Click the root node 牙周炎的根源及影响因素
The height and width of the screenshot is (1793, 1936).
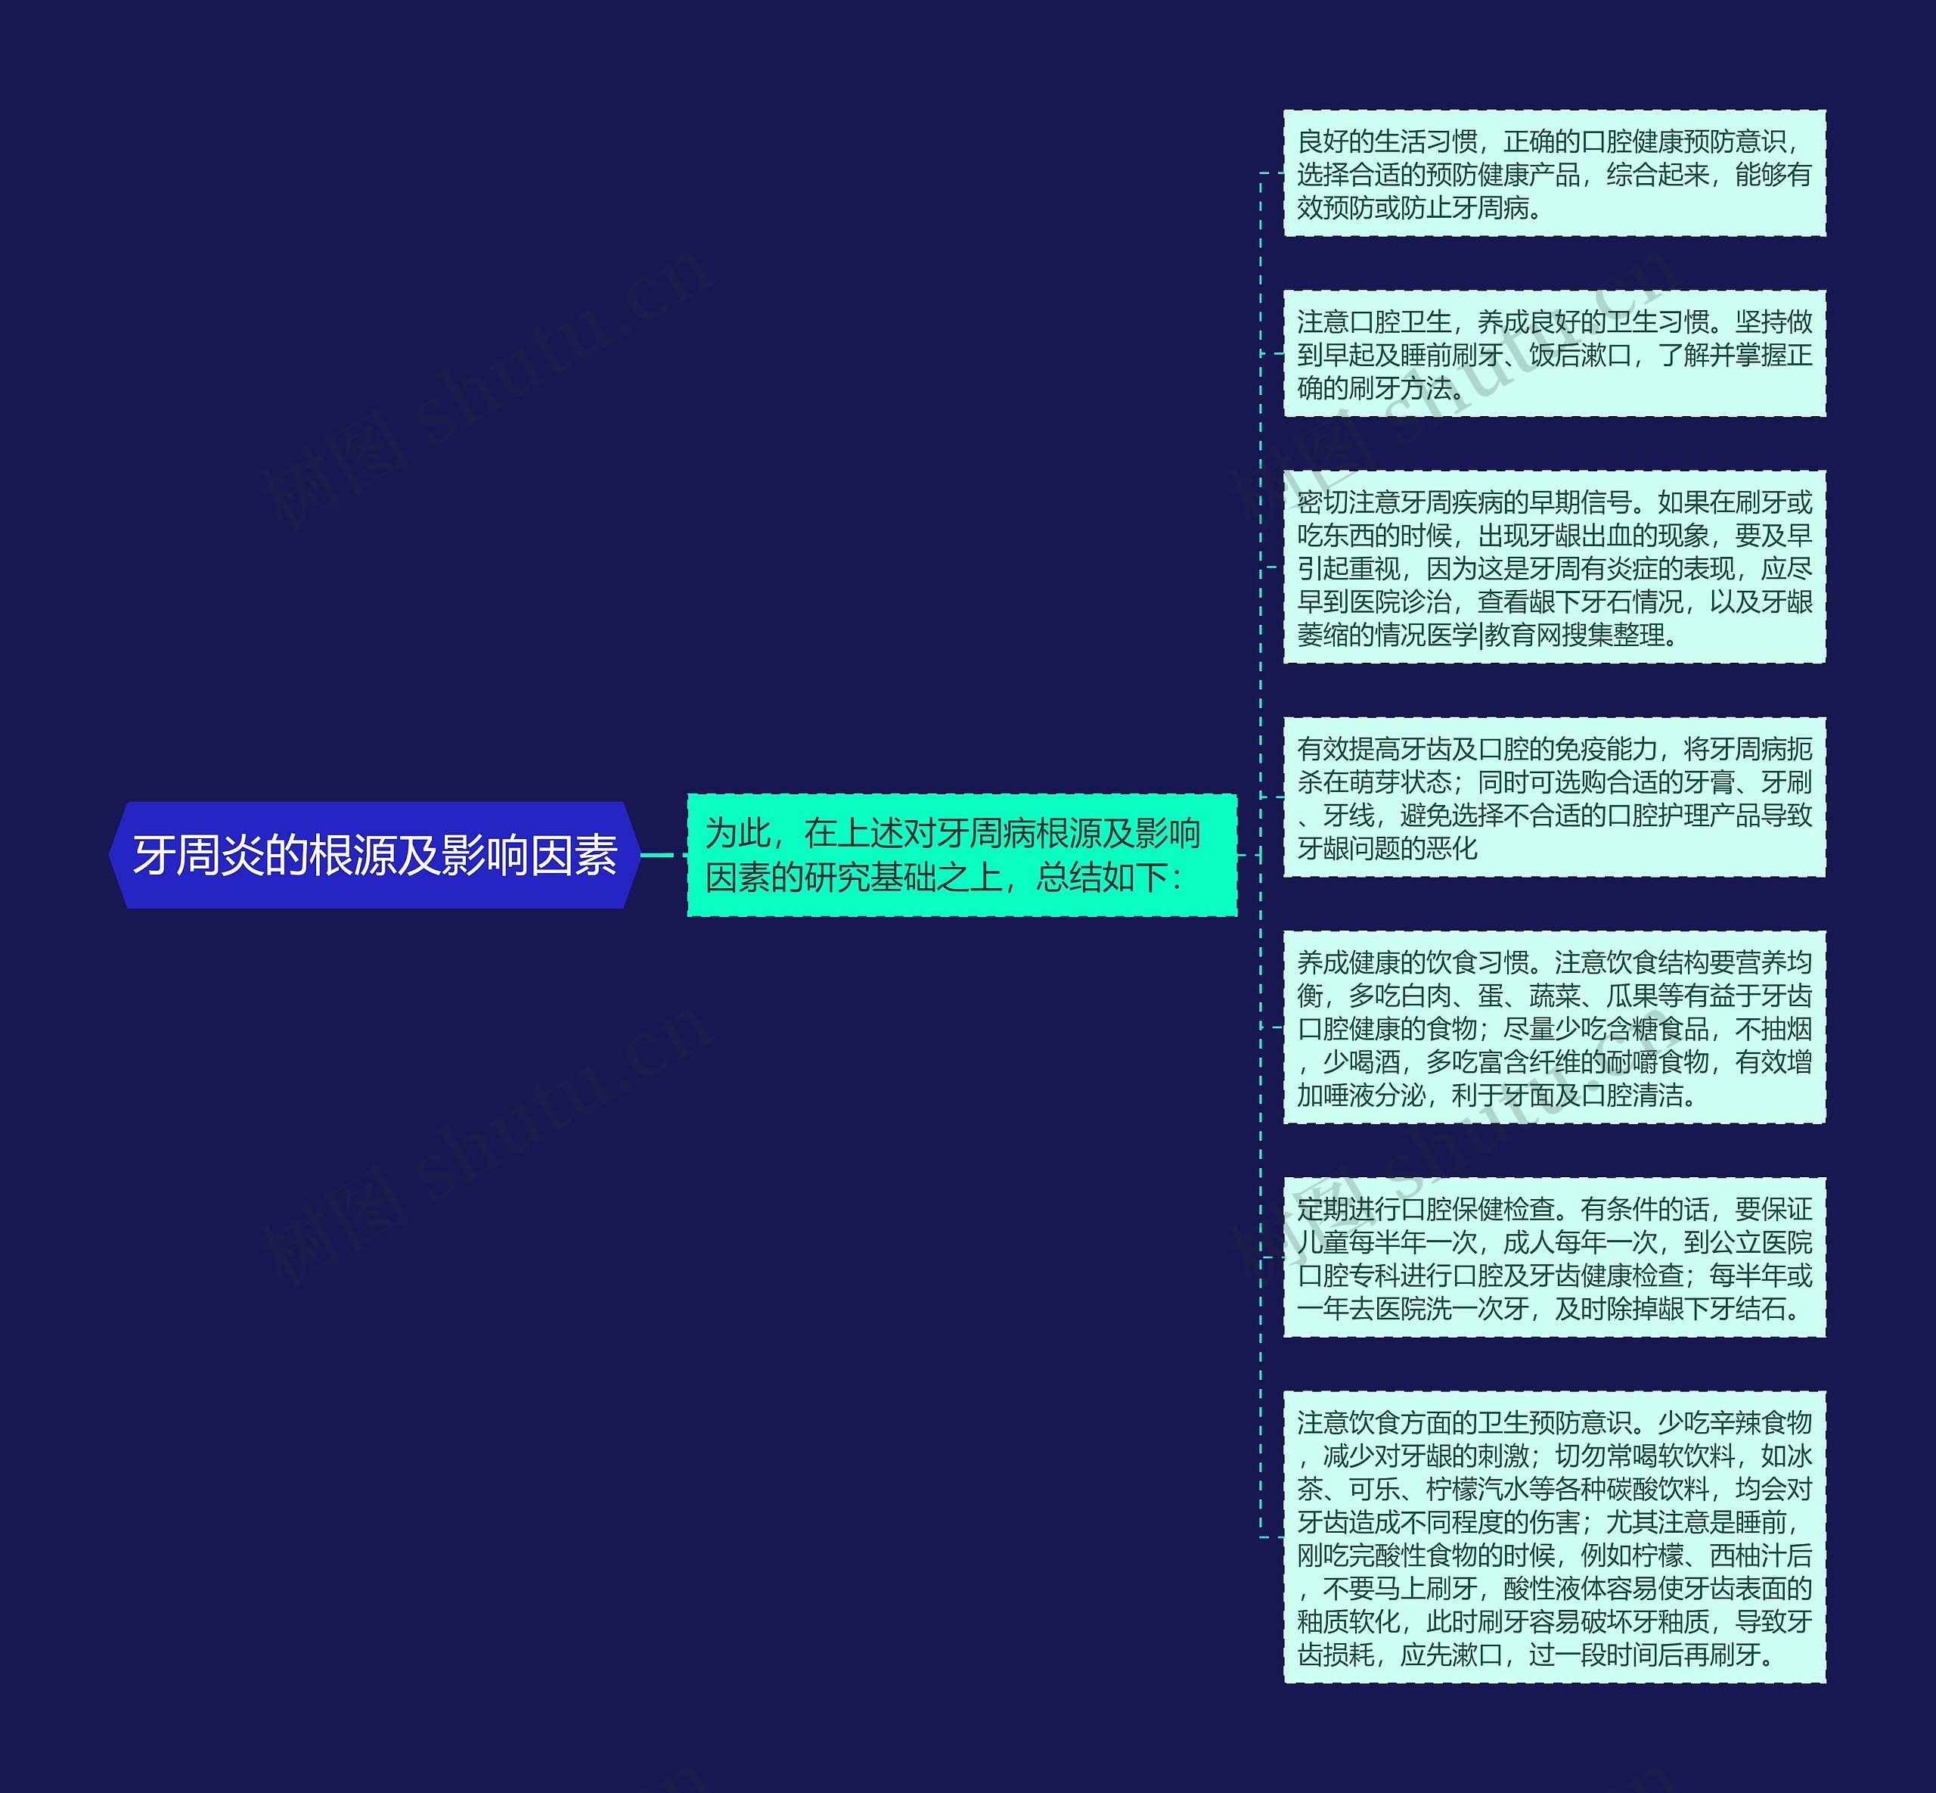[374, 855]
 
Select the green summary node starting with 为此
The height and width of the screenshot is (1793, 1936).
[961, 855]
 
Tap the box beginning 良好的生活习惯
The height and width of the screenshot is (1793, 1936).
[1554, 174]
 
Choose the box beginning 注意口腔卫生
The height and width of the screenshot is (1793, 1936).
[1554, 354]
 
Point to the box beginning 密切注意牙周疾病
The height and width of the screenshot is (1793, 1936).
[1554, 567]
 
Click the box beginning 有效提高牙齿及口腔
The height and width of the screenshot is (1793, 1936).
[1554, 797]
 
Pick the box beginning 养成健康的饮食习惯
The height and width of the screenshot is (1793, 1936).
[1554, 1027]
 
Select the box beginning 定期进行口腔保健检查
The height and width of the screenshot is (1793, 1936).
[1554, 1257]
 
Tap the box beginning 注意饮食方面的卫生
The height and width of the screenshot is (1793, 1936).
[1554, 1537]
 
